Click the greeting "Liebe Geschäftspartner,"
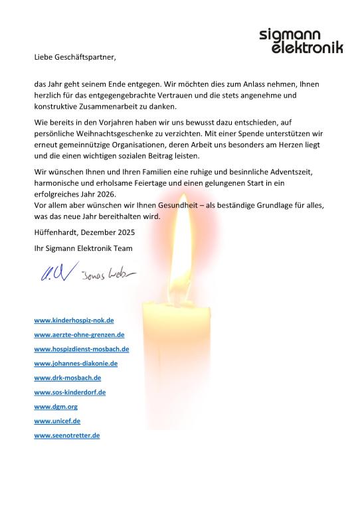tap(75, 58)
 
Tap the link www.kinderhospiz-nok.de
tap(74, 320)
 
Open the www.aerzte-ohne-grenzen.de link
tap(79, 334)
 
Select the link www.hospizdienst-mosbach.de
tap(81, 349)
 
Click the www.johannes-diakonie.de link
tap(76, 363)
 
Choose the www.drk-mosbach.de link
tap(67, 378)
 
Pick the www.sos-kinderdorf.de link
tap(70, 392)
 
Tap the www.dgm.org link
tap(56, 407)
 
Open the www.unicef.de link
tap(57, 421)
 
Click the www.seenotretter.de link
tap(66, 435)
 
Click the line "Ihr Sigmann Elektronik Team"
tap(83, 248)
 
